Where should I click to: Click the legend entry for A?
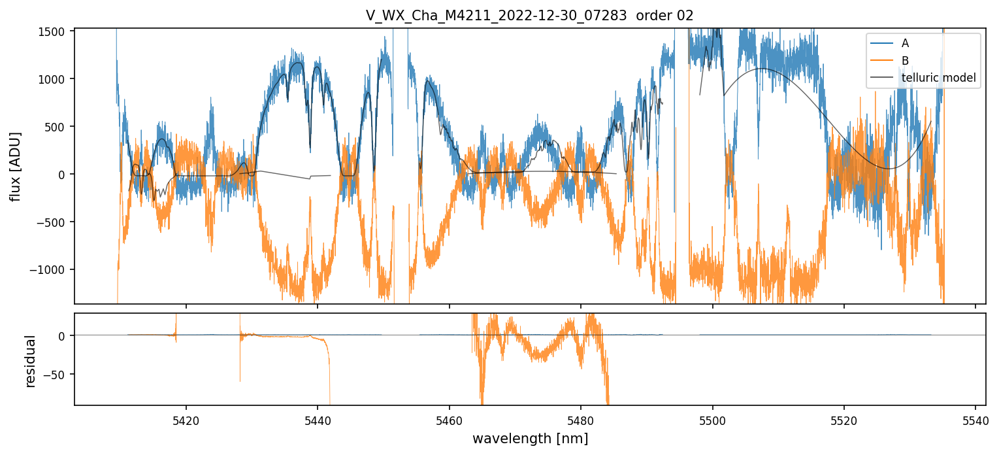pyautogui.click(x=905, y=43)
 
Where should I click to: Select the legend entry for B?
pyautogui.click(x=905, y=60)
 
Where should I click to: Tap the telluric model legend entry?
pyautogui.click(x=938, y=78)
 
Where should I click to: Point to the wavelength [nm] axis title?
pyautogui.click(x=530, y=438)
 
